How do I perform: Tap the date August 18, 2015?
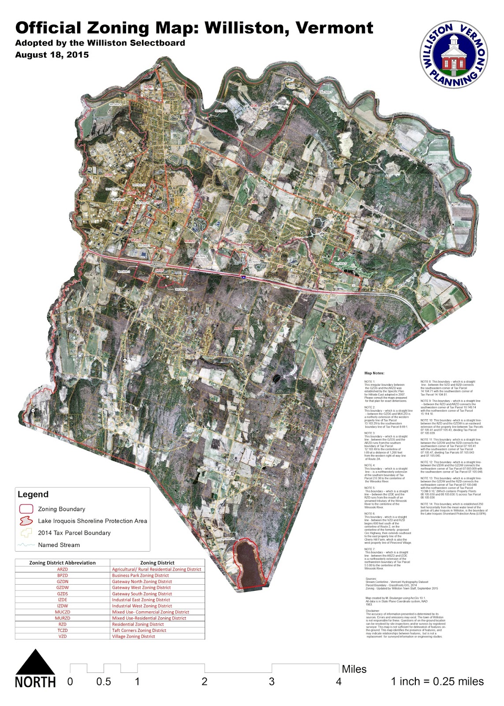[x=52, y=55]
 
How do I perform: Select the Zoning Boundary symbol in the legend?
[x=26, y=509]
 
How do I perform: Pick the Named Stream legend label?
[x=59, y=545]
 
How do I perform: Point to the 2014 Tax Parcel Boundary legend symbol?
[x=26, y=533]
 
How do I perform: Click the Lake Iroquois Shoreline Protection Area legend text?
[x=93, y=521]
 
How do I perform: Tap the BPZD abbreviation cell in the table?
[x=63, y=575]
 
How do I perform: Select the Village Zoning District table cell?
[x=134, y=636]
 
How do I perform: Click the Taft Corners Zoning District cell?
[x=139, y=630]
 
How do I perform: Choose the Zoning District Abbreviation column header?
[x=63, y=563]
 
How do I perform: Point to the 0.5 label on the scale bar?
[x=104, y=682]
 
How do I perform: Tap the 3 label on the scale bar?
[x=272, y=682]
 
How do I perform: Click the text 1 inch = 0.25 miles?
[x=437, y=682]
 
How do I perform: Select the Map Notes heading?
[x=374, y=373]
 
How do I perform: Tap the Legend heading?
[x=33, y=494]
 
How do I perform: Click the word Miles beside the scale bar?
[x=354, y=669]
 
